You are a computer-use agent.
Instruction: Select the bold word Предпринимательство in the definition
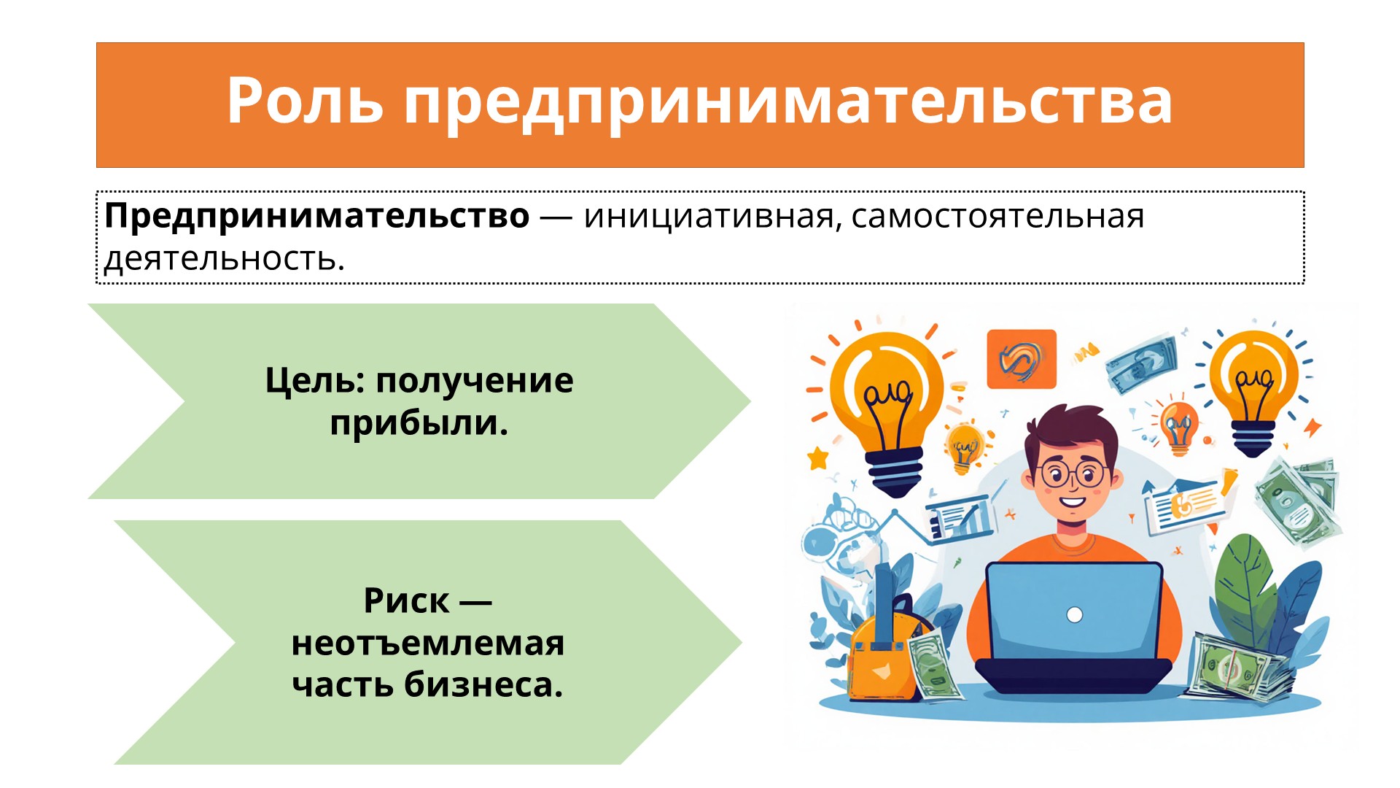pyautogui.click(x=317, y=217)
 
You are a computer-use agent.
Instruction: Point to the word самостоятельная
pyautogui.click(x=998, y=217)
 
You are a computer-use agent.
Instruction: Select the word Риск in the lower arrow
pyautogui.click(x=406, y=601)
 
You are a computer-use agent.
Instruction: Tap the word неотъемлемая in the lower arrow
pyautogui.click(x=428, y=644)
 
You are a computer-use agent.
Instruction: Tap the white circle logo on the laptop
pyautogui.click(x=1074, y=615)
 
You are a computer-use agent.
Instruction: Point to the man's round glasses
pyautogui.click(x=1073, y=474)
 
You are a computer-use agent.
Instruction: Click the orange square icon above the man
pyautogui.click(x=1021, y=359)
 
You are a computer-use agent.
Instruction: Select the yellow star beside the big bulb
pyautogui.click(x=818, y=458)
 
